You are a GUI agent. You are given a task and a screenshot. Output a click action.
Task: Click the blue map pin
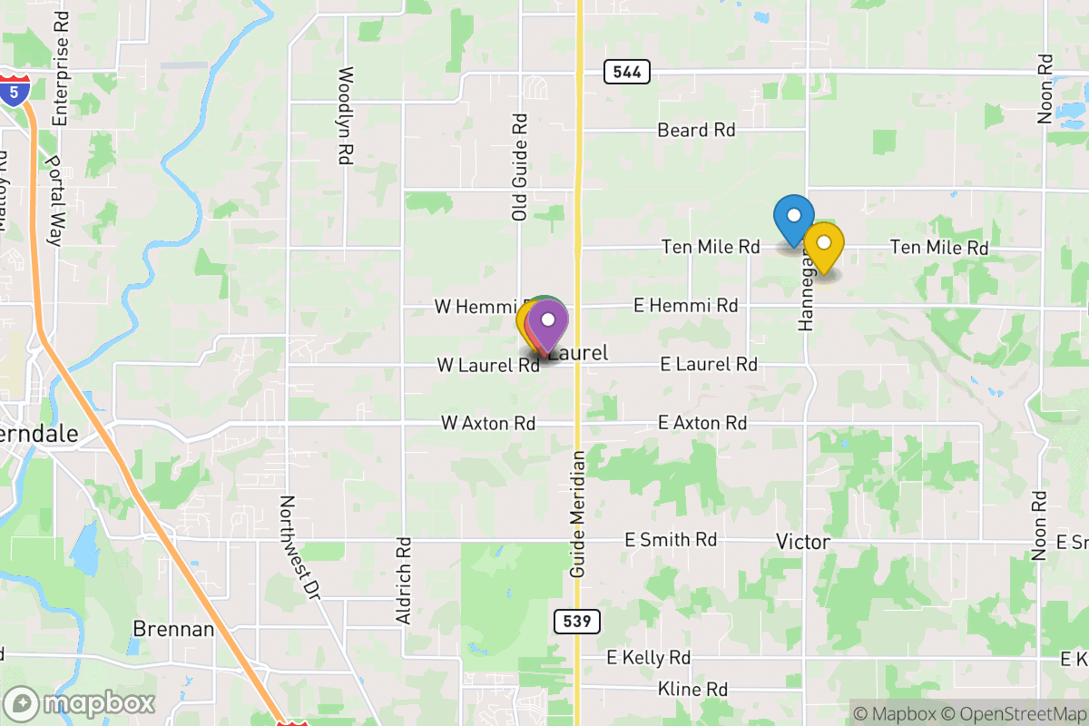(793, 218)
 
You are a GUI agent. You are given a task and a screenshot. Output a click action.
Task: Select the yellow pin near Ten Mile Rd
(824, 244)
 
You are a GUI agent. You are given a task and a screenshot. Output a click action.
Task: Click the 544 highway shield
(626, 72)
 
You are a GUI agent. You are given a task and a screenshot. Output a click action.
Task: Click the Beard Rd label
(697, 131)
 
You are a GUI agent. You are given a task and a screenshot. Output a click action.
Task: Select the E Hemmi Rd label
(686, 306)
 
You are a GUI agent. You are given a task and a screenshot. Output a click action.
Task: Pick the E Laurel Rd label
(709, 365)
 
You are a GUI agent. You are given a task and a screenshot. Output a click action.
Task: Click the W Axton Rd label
(487, 424)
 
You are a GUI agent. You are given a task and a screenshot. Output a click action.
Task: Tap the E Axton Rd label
(702, 424)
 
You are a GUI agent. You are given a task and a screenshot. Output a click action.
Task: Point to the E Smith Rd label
(671, 540)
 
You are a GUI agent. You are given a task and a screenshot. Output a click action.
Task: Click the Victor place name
(803, 542)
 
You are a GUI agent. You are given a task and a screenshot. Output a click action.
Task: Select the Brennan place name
(173, 629)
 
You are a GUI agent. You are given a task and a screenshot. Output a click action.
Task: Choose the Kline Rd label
(693, 690)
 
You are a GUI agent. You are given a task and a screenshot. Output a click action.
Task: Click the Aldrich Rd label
(404, 581)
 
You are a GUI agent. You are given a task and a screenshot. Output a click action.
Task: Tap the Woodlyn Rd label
(344, 115)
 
